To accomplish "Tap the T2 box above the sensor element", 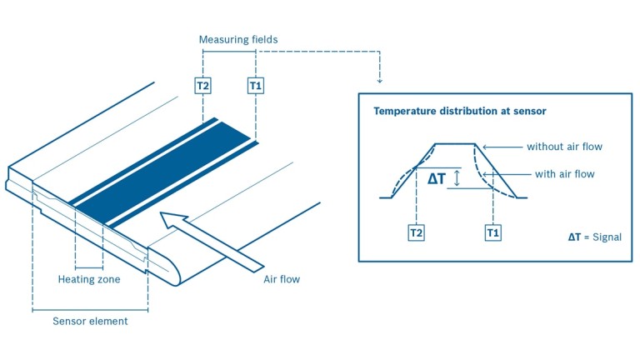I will click(x=202, y=85).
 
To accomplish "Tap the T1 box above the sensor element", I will click(x=256, y=85).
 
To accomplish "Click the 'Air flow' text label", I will click(x=276, y=279).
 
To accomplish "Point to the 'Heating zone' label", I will click(x=89, y=279).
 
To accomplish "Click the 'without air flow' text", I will click(x=564, y=147).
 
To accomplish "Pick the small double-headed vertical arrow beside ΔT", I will click(x=457, y=177).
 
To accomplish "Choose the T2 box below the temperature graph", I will click(x=417, y=233).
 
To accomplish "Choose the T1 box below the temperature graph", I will click(x=493, y=233).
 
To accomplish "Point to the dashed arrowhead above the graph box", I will click(x=380, y=80).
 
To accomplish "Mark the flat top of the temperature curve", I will click(x=454, y=143).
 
